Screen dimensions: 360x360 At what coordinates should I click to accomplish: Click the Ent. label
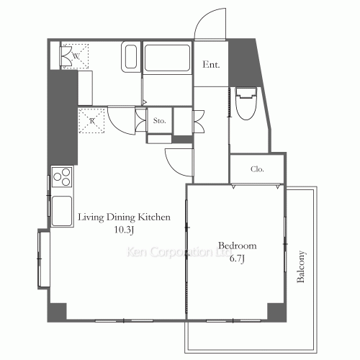(211, 64)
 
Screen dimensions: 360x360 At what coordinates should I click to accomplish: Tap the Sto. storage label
(160, 120)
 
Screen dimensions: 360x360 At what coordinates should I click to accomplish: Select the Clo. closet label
(257, 169)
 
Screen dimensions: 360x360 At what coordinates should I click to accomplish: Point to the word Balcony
(301, 266)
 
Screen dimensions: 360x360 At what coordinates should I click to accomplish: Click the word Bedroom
(238, 246)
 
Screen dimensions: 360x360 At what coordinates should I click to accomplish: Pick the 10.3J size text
(124, 230)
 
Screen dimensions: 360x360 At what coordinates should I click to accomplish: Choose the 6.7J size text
(237, 258)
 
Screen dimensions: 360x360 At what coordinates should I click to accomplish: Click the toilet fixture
(246, 103)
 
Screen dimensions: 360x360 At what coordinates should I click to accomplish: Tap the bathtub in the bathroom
(167, 58)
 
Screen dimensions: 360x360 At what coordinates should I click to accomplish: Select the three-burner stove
(62, 177)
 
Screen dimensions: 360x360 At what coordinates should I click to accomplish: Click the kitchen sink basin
(62, 211)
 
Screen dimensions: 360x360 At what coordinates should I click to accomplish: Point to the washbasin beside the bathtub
(131, 57)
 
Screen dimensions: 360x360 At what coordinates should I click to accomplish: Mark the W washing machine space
(76, 56)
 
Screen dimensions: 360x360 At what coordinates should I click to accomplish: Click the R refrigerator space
(91, 120)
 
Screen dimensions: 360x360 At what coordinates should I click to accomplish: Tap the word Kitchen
(154, 217)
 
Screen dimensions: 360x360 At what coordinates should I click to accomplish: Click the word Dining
(121, 217)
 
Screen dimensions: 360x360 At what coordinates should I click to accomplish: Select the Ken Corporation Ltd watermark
(179, 252)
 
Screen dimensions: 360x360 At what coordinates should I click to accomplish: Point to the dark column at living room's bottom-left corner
(57, 312)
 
